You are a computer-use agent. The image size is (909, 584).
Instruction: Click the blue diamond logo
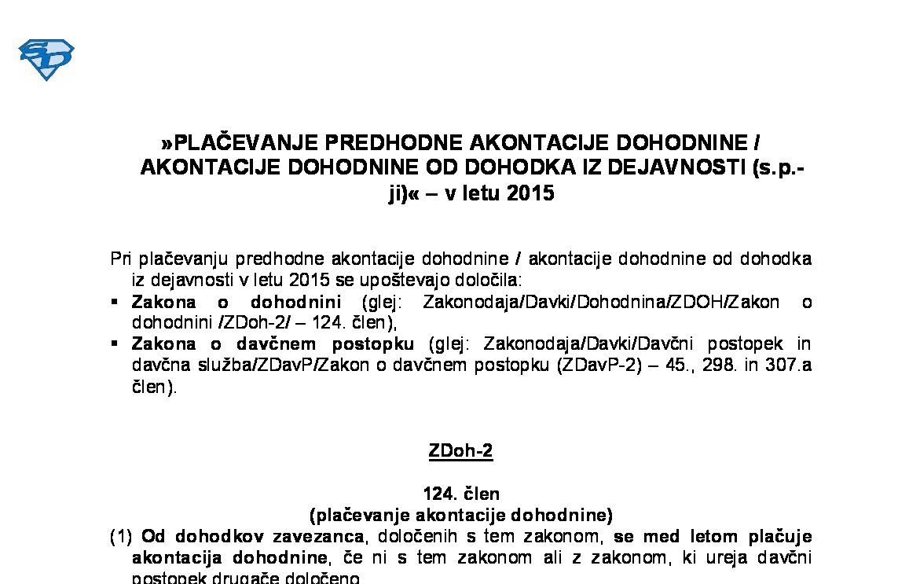tap(46, 60)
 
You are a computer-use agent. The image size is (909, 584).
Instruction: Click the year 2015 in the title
tap(530, 193)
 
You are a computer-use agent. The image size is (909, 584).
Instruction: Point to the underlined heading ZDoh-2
tap(460, 451)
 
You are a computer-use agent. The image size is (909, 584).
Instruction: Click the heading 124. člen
tap(460, 494)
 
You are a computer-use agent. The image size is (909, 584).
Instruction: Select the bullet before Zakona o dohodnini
tap(115, 301)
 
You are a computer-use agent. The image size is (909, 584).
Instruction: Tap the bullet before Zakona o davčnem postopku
tap(115, 343)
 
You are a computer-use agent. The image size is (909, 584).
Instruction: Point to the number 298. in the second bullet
tap(718, 365)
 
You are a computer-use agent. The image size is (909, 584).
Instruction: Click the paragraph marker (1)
tap(122, 538)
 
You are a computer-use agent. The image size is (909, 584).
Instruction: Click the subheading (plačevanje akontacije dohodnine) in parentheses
tap(460, 516)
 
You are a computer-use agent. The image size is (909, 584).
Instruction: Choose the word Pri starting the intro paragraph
tap(121, 259)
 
